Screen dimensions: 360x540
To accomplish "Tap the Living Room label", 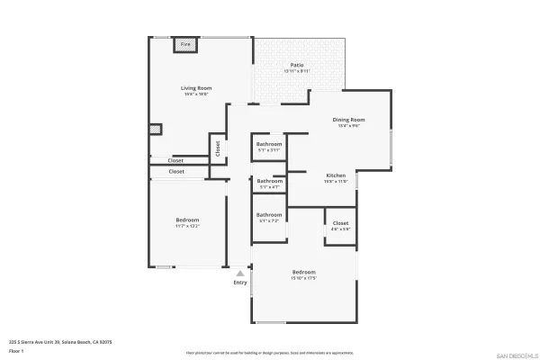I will pos(195,87).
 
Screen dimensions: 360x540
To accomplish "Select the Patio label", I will pos(296,65).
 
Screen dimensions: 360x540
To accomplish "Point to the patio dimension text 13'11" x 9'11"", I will pos(296,71).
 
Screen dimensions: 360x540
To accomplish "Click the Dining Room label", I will pos(348,120).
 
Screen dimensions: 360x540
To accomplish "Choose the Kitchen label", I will pos(336,175).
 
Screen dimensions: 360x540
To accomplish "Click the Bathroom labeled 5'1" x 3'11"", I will pos(269,144).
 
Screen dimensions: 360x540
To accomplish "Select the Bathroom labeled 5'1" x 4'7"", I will pos(269,180).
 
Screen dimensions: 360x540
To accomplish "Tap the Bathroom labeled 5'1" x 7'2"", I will pos(269,214).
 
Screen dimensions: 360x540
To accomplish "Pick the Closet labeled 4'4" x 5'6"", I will pos(340,223).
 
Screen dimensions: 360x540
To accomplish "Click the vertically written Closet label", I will pos(217,147).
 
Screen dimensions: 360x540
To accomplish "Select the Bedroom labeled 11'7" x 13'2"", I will pos(187,220).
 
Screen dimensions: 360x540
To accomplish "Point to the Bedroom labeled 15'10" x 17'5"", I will pos(303,272).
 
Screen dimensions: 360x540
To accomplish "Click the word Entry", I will pos(240,283).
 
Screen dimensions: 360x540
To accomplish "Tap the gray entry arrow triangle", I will pos(240,272).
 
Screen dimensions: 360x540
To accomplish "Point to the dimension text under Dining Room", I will pos(348,126).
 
